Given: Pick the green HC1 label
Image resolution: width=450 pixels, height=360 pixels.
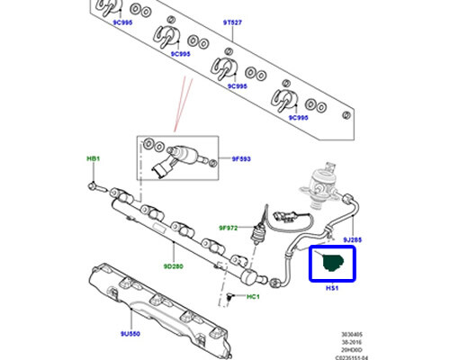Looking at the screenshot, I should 252,298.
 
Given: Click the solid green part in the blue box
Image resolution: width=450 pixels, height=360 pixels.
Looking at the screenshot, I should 331,263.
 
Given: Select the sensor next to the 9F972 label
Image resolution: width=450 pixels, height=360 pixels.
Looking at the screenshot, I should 265,220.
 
